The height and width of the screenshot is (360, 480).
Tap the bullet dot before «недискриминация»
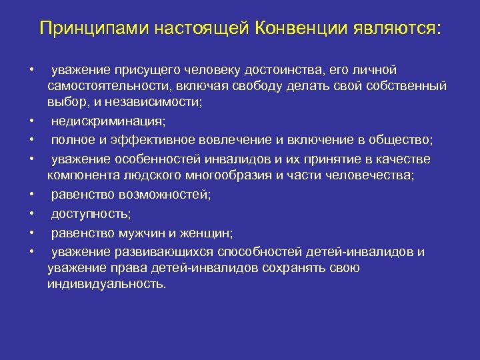(x=31, y=122)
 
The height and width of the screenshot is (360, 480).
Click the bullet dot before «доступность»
(x=31, y=213)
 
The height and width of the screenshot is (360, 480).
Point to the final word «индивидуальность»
(x=107, y=284)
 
